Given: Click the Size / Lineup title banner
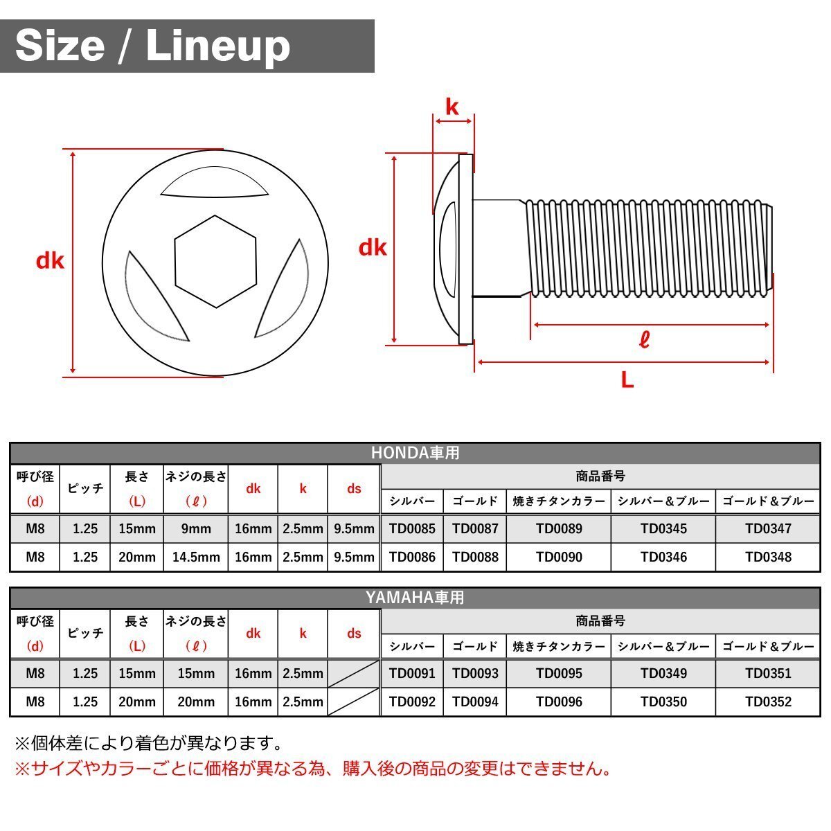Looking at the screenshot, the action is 187,46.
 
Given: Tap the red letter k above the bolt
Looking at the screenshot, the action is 452,107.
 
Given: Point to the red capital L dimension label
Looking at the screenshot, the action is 627,379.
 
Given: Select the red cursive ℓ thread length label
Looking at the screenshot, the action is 644,340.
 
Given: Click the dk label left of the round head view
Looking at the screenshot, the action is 50,261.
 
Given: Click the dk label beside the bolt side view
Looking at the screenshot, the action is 373,248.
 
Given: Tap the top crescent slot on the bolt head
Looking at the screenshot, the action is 215,183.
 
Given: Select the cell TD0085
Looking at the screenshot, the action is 412,529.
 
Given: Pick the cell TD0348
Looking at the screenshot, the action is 768,557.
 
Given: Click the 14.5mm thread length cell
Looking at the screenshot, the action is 196,557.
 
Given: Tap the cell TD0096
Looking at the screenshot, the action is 559,702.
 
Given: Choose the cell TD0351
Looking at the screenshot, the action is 768,673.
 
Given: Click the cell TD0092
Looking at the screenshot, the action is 412,702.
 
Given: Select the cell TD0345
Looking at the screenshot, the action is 663,529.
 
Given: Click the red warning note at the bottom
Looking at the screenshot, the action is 312,769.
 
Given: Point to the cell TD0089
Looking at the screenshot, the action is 559,529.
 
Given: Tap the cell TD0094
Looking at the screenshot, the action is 475,702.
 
